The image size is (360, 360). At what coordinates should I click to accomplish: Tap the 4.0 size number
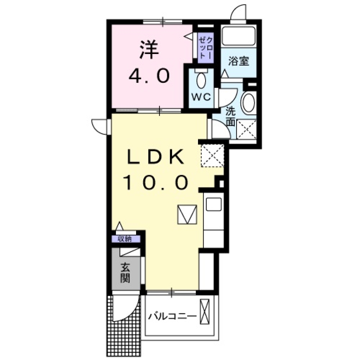(149, 76)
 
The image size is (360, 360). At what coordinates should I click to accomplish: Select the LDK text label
(155, 158)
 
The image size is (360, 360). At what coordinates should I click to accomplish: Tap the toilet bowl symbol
(201, 80)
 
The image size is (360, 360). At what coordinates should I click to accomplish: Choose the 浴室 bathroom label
(238, 61)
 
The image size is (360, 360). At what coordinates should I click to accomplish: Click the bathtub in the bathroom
(238, 37)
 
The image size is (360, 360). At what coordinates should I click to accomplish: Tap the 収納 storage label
(126, 239)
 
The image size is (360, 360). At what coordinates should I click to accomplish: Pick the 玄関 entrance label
(125, 273)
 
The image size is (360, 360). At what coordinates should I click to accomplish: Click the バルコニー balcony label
(172, 316)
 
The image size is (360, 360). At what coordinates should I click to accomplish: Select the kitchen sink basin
(213, 204)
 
